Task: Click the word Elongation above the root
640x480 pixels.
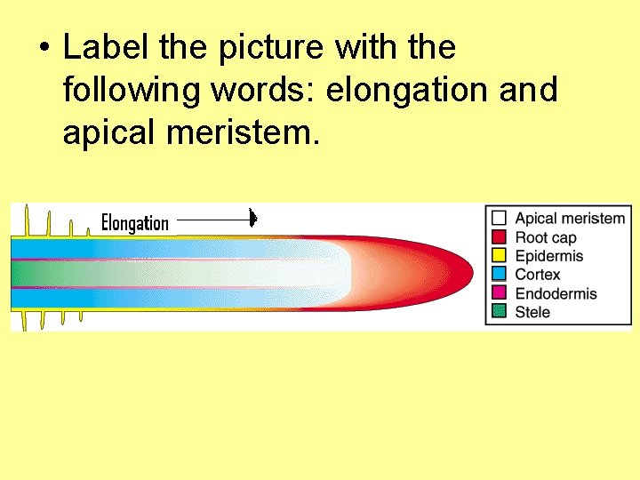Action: [134, 222]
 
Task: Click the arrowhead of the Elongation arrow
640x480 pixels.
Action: [253, 218]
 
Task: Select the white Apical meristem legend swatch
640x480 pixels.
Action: [499, 218]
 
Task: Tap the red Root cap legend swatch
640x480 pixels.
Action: [499, 236]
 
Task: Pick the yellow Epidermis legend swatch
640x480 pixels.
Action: [499, 256]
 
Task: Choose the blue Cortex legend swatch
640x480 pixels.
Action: [499, 275]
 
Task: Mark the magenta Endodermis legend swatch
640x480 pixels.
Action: [499, 293]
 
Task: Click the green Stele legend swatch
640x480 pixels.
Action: [499, 312]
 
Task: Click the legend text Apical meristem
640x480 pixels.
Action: [570, 218]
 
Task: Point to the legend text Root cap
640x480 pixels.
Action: [546, 237]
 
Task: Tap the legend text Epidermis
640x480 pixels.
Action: [549, 256]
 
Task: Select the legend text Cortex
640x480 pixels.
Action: [538, 275]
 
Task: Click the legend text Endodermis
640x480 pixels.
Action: [556, 293]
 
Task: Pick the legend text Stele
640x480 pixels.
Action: [532, 312]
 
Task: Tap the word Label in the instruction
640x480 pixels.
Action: [99, 47]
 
